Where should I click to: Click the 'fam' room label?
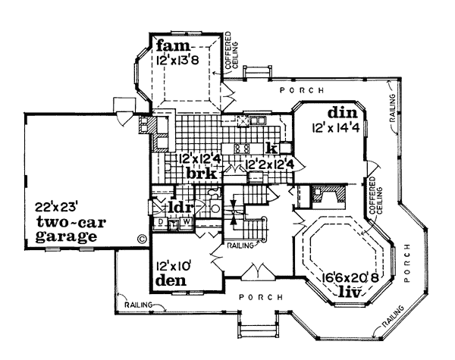pyautogui.click(x=174, y=46)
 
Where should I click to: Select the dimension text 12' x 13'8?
pyautogui.click(x=177, y=61)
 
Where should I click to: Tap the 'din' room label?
pyautogui.click(x=343, y=113)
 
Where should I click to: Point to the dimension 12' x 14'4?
pyautogui.click(x=336, y=128)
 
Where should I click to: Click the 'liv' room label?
pyautogui.click(x=350, y=292)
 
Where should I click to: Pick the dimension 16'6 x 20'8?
pyautogui.click(x=350, y=279)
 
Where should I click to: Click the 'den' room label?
pyautogui.click(x=171, y=280)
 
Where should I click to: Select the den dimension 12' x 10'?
pyautogui.click(x=173, y=266)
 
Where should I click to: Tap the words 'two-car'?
pyautogui.click(x=71, y=223)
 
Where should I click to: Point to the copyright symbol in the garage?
pyautogui.click(x=142, y=239)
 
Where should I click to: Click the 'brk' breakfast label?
pyautogui.click(x=202, y=174)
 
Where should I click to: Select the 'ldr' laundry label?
pyautogui.click(x=180, y=207)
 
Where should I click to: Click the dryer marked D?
pyautogui.click(x=161, y=222)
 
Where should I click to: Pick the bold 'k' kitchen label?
pyautogui.click(x=272, y=149)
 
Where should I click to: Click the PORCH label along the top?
pyautogui.click(x=302, y=90)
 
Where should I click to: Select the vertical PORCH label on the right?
pyautogui.click(x=407, y=263)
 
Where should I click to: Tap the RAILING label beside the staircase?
pyautogui.click(x=240, y=246)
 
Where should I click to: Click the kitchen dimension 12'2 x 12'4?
pyautogui.click(x=269, y=164)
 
